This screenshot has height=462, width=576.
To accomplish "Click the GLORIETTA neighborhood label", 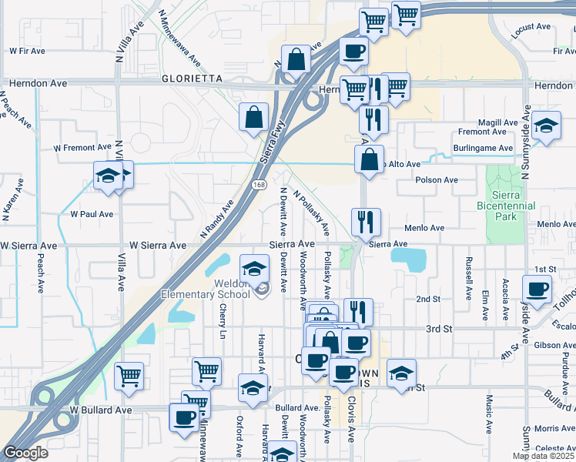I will coord(192,79).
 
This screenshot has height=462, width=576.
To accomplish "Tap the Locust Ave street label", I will coord(531,28).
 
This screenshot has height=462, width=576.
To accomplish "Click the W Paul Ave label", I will coord(92,214).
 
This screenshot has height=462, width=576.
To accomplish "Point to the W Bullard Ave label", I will coord(97,410).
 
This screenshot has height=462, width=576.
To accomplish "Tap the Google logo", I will coord(25,453).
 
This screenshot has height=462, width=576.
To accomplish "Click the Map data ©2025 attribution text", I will coord(543,456).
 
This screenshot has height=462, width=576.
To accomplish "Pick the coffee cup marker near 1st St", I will coord(537,288).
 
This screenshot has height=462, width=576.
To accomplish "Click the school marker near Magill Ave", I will coord(546,126).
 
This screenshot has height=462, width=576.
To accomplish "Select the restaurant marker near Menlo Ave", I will coord(366,221).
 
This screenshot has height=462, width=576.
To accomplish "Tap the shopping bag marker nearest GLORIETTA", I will coord(296,59).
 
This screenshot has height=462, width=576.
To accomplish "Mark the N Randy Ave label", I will coord(216,218).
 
